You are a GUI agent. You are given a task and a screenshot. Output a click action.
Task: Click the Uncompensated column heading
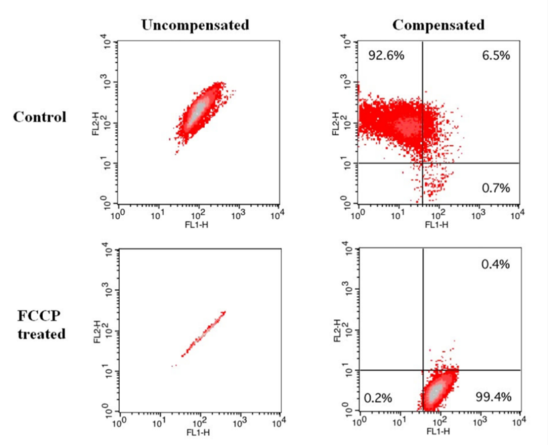[x=195, y=25]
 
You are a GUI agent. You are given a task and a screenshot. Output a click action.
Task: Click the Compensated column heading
[x=438, y=25]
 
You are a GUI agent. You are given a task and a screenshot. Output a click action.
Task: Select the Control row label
[x=40, y=117]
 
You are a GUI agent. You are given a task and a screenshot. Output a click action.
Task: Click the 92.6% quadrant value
[x=387, y=56]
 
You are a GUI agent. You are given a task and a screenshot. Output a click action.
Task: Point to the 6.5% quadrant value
[x=496, y=56]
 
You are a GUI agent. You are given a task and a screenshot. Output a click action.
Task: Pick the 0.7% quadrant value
[x=496, y=188]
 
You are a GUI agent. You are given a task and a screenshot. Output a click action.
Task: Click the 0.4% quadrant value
[x=496, y=264]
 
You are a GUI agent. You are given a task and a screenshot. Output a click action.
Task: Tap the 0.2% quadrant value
[x=378, y=397]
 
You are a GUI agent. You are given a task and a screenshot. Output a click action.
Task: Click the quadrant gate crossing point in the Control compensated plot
[x=423, y=163]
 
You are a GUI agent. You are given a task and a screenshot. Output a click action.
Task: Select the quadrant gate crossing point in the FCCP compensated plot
[x=423, y=370]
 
